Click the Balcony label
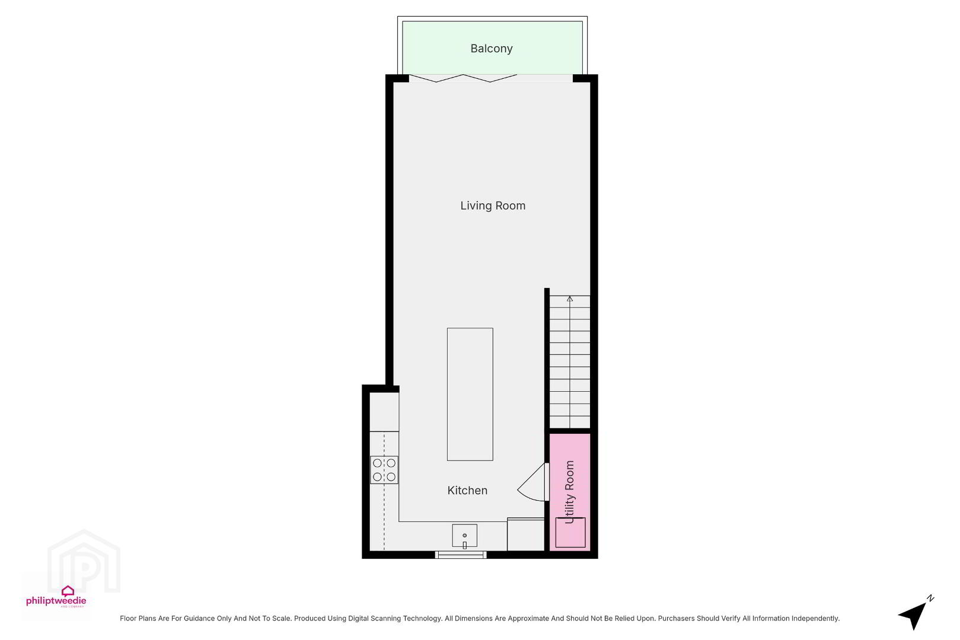pos(491,49)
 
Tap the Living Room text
pos(493,206)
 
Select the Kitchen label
pos(467,491)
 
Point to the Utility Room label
pos(570,492)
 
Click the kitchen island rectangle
pos(470,394)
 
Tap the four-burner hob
pos(384,470)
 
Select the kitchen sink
pos(464,536)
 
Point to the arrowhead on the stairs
pos(570,299)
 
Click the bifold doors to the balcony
pos(463,78)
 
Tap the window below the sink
pos(461,555)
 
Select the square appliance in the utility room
pos(570,533)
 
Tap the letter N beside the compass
pos(930,599)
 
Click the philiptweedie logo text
pos(56,600)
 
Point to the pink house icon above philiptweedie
pos(68,591)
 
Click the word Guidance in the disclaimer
pos(199,619)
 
